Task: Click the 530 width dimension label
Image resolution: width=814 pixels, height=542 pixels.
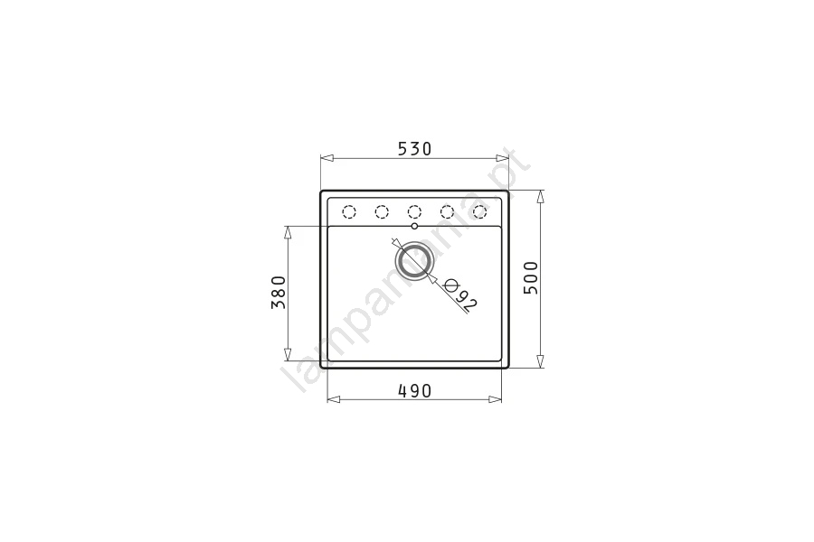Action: click(415, 149)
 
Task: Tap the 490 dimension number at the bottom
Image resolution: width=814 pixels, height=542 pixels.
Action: click(415, 390)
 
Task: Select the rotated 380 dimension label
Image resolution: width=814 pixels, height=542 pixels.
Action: click(279, 292)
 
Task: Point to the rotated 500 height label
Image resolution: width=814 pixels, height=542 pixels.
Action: click(531, 277)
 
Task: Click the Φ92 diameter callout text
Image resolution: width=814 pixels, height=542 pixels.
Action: click(461, 295)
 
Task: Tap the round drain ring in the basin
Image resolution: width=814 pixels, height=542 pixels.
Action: click(413, 259)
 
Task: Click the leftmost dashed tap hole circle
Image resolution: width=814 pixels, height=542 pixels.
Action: click(349, 211)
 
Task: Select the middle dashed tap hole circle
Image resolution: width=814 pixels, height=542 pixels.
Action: click(414, 211)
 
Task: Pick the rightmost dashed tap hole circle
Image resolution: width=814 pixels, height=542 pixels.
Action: click(479, 211)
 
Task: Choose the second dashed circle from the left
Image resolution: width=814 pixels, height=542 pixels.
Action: click(382, 211)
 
